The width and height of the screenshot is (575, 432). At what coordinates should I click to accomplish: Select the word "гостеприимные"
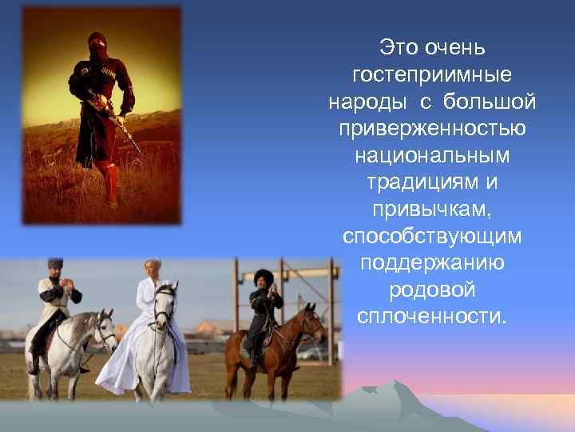pos(432,74)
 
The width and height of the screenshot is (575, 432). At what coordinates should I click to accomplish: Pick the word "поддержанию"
pos(432,264)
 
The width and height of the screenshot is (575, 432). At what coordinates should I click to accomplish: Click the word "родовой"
pos(432,290)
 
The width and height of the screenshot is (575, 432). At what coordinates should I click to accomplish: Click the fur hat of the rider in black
pos(264,277)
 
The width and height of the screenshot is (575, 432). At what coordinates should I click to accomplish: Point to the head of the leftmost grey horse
pos(103,329)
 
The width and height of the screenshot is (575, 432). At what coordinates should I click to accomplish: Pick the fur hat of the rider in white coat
pos(55,264)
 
